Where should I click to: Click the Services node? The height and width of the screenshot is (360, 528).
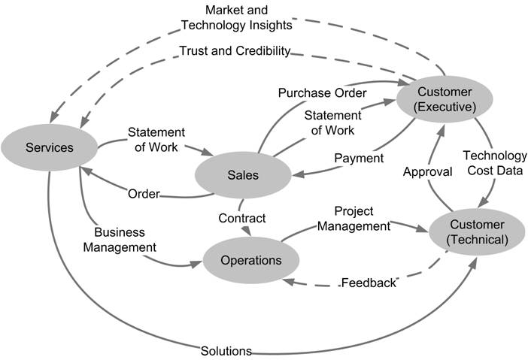(50, 147)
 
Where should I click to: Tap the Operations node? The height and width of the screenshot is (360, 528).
(250, 261)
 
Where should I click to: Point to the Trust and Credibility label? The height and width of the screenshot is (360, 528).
(235, 51)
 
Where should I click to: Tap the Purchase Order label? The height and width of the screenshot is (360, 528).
(322, 93)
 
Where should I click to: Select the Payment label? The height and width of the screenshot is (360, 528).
(359, 159)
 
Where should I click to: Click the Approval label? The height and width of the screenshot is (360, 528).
(427, 171)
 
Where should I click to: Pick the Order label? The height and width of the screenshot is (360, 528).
(143, 194)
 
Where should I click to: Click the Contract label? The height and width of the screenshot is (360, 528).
(241, 218)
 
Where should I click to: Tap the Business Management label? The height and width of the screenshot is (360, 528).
(120, 239)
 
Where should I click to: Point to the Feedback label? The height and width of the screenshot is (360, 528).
(368, 283)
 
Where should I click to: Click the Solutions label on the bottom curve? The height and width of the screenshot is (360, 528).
(226, 350)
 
